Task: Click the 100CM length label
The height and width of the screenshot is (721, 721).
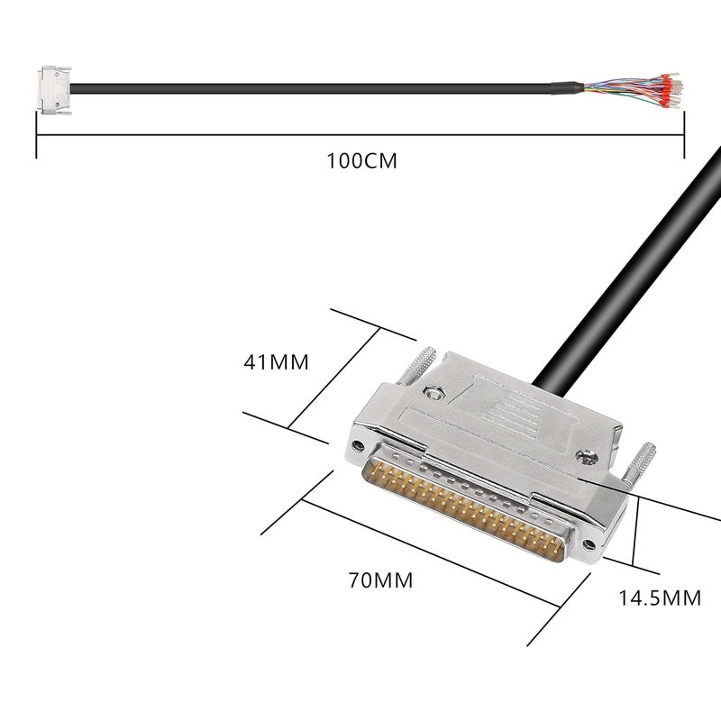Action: (361, 161)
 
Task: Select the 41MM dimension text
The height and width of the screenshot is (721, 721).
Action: (276, 362)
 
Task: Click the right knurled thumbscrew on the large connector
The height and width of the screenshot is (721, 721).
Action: (643, 461)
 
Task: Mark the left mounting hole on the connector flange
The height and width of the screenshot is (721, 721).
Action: (359, 446)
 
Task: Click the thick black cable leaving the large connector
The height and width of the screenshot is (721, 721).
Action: (631, 261)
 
